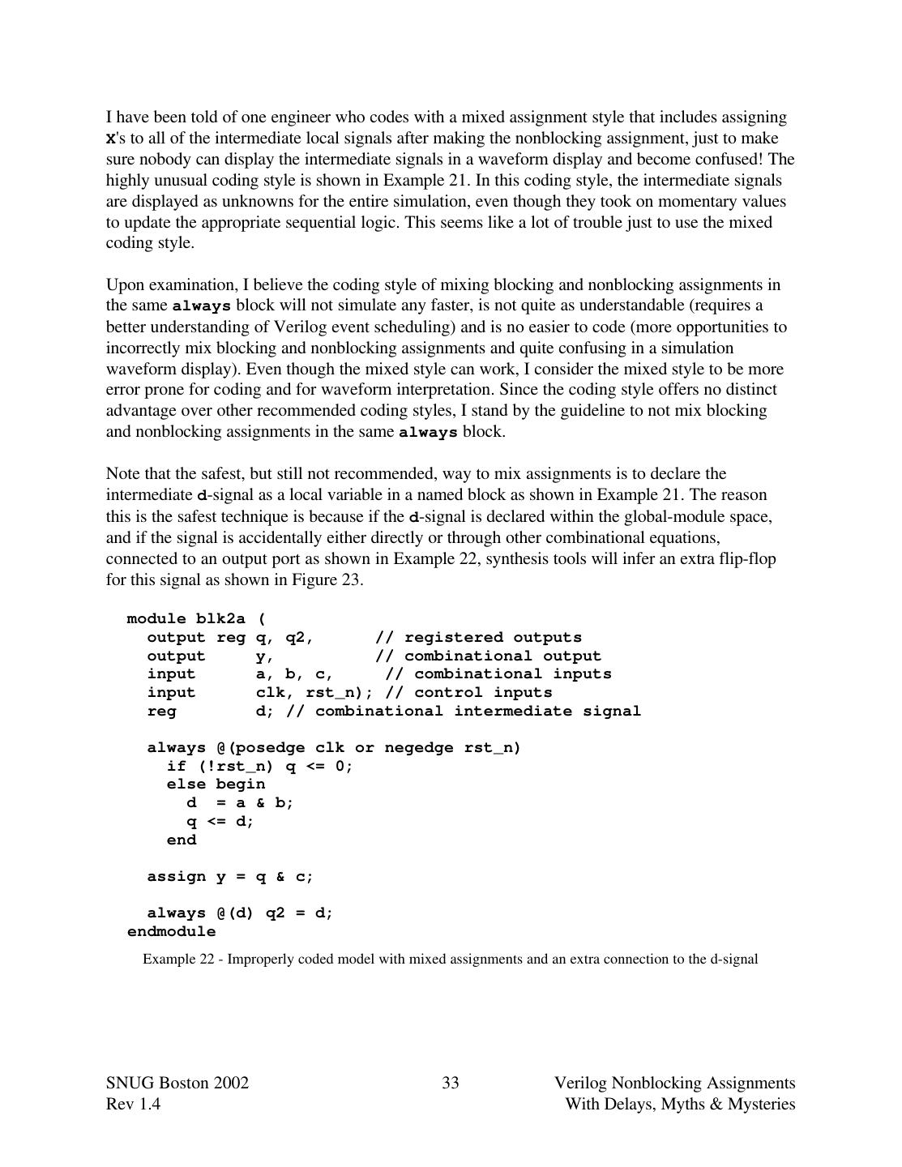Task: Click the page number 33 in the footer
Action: pyautogui.click(x=451, y=1083)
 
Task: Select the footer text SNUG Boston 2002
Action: pyautogui.click(x=177, y=1083)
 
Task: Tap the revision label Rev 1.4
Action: pyautogui.click(x=133, y=1104)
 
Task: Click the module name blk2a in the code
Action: pyautogui.click(x=220, y=619)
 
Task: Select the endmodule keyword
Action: pyautogui.click(x=172, y=932)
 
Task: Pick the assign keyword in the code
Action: pyautogui.click(x=176, y=877)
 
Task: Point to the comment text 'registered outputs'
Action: pyautogui.click(x=493, y=638)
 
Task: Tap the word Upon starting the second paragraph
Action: pyautogui.click(x=124, y=284)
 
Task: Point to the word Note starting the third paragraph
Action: pyautogui.click(x=122, y=473)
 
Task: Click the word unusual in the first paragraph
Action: pyautogui.click(x=180, y=180)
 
